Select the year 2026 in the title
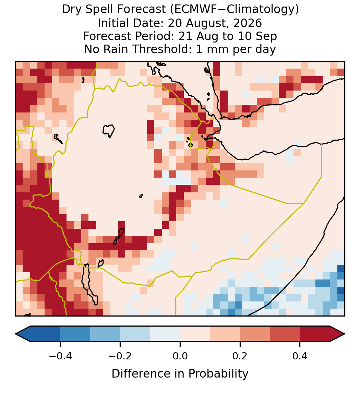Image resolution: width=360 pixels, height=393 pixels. pyautogui.click(x=247, y=23)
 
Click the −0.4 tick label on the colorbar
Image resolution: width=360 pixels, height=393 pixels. pyautogui.click(x=60, y=356)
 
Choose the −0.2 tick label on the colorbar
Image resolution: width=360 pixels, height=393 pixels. pyautogui.click(x=120, y=356)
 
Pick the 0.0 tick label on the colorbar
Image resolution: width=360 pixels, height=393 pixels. pyautogui.click(x=180, y=356)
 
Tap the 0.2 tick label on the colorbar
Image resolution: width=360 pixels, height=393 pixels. pyautogui.click(x=240, y=356)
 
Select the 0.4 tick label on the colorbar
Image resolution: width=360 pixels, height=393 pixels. pyautogui.click(x=300, y=356)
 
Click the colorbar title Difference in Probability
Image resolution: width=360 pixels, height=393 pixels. pyautogui.click(x=180, y=374)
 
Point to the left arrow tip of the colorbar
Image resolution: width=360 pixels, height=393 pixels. pyautogui.click(x=15, y=334)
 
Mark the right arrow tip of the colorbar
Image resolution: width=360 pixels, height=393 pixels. pyautogui.click(x=345, y=334)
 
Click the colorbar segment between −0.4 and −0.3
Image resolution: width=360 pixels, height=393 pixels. pyautogui.click(x=75, y=334)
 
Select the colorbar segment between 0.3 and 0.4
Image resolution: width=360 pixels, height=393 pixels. pyautogui.click(x=285, y=334)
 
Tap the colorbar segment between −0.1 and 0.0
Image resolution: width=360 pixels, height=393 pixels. pyautogui.click(x=165, y=334)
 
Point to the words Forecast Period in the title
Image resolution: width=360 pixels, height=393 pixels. pyautogui.click(x=129, y=36)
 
